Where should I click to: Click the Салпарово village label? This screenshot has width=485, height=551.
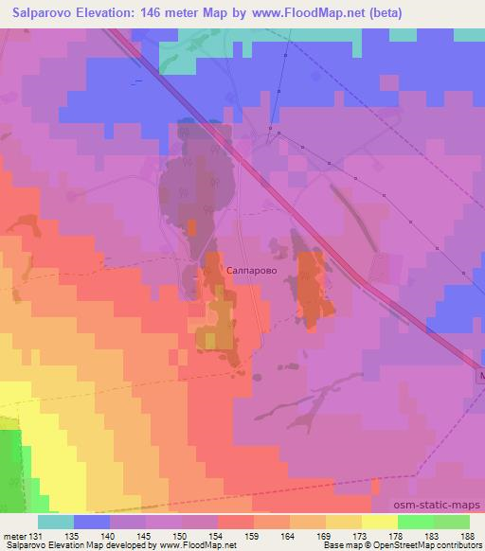pyautogui.click(x=252, y=270)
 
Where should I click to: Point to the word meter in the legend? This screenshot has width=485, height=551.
pyautogui.click(x=14, y=536)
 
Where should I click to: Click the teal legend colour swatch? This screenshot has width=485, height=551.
pyautogui.click(x=56, y=522)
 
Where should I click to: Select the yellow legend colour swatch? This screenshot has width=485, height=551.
pyautogui.click(x=379, y=522)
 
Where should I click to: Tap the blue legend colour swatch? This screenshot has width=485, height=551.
pyautogui.click(x=92, y=522)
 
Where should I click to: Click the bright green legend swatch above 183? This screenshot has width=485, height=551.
pyautogui.click(x=415, y=522)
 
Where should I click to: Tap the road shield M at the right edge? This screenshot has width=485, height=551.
pyautogui.click(x=480, y=376)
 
